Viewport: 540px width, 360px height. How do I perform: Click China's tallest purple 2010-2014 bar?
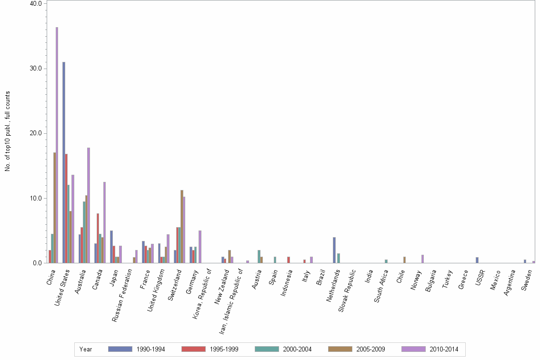coord(57,145)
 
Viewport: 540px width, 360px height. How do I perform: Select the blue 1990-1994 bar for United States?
coord(64,162)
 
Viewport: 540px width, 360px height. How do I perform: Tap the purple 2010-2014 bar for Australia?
coord(89,205)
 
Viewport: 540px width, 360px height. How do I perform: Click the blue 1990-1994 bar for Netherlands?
coord(334,250)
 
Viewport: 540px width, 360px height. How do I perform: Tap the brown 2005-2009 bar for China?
coord(54,208)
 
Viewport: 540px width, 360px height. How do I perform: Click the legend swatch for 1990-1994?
coord(120,349)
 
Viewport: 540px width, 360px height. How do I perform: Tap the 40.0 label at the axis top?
coord(37,3)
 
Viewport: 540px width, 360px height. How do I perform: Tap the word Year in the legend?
coord(86,350)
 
